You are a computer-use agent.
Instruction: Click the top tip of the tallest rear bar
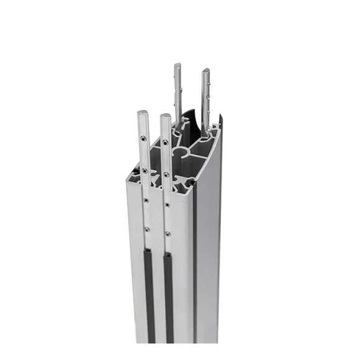[178, 65]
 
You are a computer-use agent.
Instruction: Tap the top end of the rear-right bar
[205, 71]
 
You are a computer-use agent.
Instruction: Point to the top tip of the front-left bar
[142, 113]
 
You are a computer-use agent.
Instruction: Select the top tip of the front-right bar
[164, 116]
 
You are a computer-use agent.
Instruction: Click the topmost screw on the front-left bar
[143, 138]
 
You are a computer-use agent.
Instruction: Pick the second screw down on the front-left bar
[144, 170]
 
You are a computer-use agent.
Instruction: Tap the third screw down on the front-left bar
[145, 200]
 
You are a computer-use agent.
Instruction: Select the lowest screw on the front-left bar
[146, 229]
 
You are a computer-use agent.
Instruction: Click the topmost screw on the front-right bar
[165, 142]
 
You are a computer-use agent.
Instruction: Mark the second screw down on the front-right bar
[166, 174]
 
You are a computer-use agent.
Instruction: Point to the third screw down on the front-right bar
[167, 204]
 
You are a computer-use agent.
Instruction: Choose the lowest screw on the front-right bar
[168, 233]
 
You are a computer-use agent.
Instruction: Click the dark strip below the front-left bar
[149, 292]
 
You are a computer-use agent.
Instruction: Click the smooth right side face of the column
[208, 248]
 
